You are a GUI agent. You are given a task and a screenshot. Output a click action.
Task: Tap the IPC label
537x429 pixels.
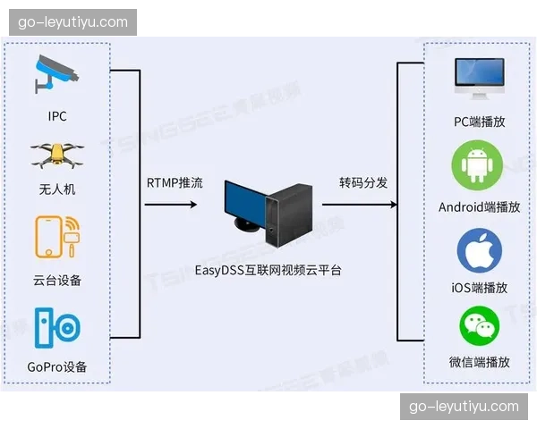pyautogui.click(x=57, y=116)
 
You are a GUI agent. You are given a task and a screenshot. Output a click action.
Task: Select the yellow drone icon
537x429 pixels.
pyautogui.click(x=57, y=156)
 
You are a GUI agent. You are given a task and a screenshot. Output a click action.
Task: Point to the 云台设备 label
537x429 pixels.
pyautogui.click(x=57, y=281)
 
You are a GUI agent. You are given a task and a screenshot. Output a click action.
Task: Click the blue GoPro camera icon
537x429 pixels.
pyautogui.click(x=57, y=328)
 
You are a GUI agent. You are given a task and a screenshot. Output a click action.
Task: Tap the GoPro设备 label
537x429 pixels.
pyautogui.click(x=57, y=367)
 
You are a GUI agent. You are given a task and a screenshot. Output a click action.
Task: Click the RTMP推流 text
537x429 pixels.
pyautogui.click(x=175, y=183)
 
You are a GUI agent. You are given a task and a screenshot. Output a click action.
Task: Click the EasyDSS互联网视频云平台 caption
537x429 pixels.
pyautogui.click(x=268, y=269)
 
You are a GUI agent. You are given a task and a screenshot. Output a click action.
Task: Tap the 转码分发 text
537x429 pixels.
pyautogui.click(x=362, y=183)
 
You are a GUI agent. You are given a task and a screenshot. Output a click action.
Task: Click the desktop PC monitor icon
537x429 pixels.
pyautogui.click(x=480, y=80)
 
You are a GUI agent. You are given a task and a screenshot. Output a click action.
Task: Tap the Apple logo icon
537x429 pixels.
pyautogui.click(x=480, y=250)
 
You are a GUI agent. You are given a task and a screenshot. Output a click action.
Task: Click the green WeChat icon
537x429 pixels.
pyautogui.click(x=480, y=327)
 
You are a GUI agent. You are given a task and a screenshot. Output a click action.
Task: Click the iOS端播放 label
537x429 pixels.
pyautogui.click(x=480, y=288)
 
